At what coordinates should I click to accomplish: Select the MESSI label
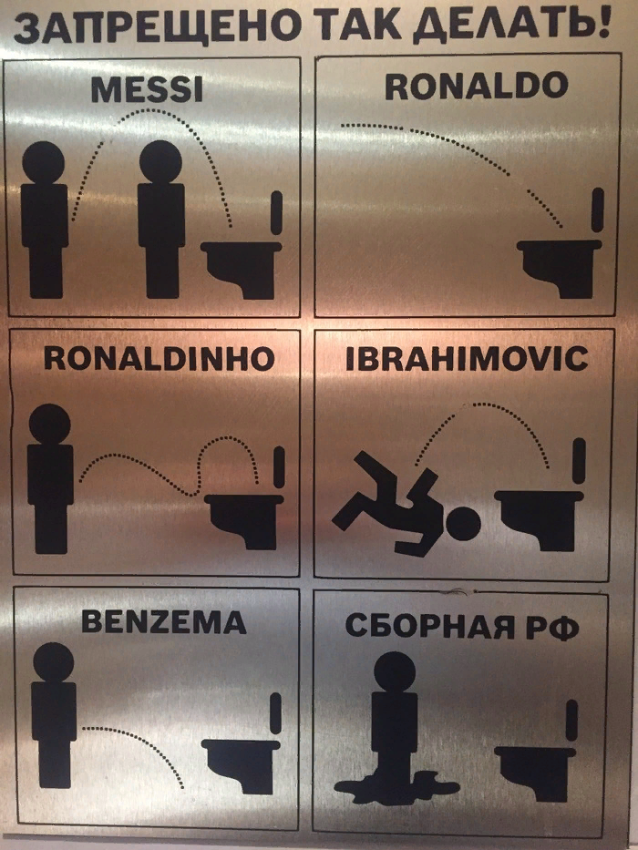click(x=147, y=90)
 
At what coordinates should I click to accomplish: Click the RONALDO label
click(x=477, y=87)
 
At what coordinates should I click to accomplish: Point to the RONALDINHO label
click(x=159, y=358)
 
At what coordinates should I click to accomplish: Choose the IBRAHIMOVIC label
click(x=467, y=359)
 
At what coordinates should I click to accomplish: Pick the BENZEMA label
click(x=164, y=622)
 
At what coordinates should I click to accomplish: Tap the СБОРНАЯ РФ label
click(x=462, y=626)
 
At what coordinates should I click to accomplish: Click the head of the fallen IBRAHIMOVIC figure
click(x=463, y=524)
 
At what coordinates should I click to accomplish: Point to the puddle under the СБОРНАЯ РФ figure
click(x=396, y=786)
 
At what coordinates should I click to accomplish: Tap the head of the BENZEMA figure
click(x=53, y=662)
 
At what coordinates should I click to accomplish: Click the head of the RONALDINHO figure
click(x=49, y=424)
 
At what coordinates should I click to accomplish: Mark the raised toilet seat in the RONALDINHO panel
click(x=280, y=466)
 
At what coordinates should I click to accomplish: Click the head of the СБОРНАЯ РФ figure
click(x=395, y=671)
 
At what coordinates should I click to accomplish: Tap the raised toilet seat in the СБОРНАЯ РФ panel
click(x=571, y=721)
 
